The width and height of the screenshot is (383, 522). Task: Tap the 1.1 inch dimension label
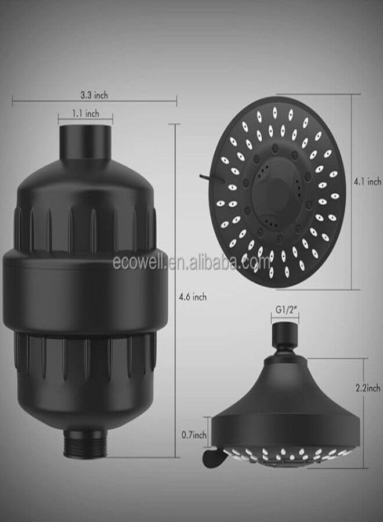[85, 114]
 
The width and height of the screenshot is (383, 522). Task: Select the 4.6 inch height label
[193, 296]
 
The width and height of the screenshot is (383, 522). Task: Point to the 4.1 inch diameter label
[367, 182]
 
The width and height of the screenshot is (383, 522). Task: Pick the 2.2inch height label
[368, 388]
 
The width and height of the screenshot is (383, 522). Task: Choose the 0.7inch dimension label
[193, 434]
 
